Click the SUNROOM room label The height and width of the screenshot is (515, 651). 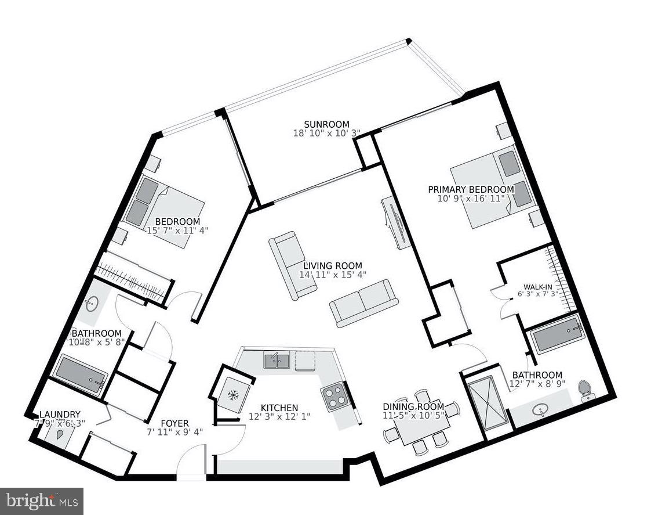click(327, 124)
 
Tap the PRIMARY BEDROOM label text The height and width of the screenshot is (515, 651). click(471, 189)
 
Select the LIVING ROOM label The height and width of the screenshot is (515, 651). click(333, 266)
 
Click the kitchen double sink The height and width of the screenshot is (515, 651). click(277, 361)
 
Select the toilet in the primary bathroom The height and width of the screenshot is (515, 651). click(585, 390)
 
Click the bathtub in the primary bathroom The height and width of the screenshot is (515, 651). click(557, 335)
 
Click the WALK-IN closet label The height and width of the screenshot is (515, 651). click(537, 287)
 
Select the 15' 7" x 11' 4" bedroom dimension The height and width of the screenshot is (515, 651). click(177, 231)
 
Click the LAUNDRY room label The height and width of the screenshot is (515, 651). click(60, 414)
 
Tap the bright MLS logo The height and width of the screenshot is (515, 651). click(41, 500)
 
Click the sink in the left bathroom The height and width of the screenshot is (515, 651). click(91, 302)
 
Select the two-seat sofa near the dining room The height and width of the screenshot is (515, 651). click(364, 302)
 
